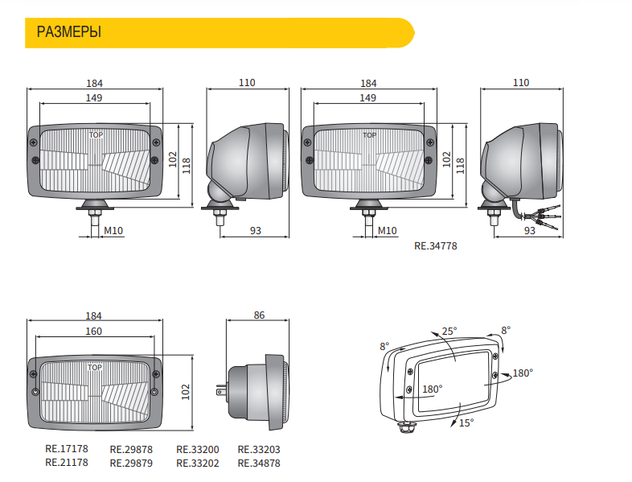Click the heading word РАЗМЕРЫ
click(x=69, y=32)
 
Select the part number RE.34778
click(x=436, y=246)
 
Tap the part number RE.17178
click(x=67, y=449)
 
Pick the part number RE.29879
click(x=131, y=463)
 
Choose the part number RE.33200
click(x=198, y=449)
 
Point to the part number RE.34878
click(x=259, y=463)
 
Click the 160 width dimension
click(x=93, y=332)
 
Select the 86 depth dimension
click(x=259, y=315)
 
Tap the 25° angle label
click(x=449, y=332)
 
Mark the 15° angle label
click(x=466, y=422)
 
